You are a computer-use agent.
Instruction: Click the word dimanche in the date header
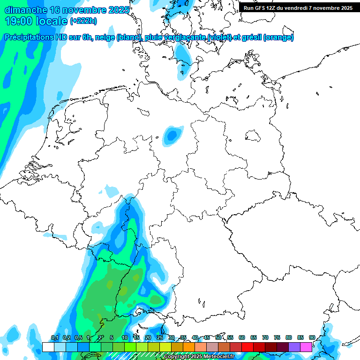click(x=25, y=10)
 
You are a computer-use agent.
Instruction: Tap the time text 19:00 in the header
click(x=20, y=21)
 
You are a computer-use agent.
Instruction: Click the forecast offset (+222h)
click(x=83, y=22)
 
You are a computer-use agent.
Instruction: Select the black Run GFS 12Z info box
click(x=298, y=7)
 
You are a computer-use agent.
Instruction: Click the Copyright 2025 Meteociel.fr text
click(x=198, y=357)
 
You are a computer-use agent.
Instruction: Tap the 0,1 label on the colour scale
click(x=54, y=338)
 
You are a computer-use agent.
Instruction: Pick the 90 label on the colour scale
click(x=312, y=338)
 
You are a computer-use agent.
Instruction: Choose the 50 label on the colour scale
click(x=218, y=338)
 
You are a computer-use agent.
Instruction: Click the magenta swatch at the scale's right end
click(x=306, y=347)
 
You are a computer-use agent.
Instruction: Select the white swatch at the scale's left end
click(x=48, y=347)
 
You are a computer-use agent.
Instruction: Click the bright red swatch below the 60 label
click(x=247, y=347)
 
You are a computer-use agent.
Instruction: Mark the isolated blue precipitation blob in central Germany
click(x=172, y=135)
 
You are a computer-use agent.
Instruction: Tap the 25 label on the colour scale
click(x=160, y=338)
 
